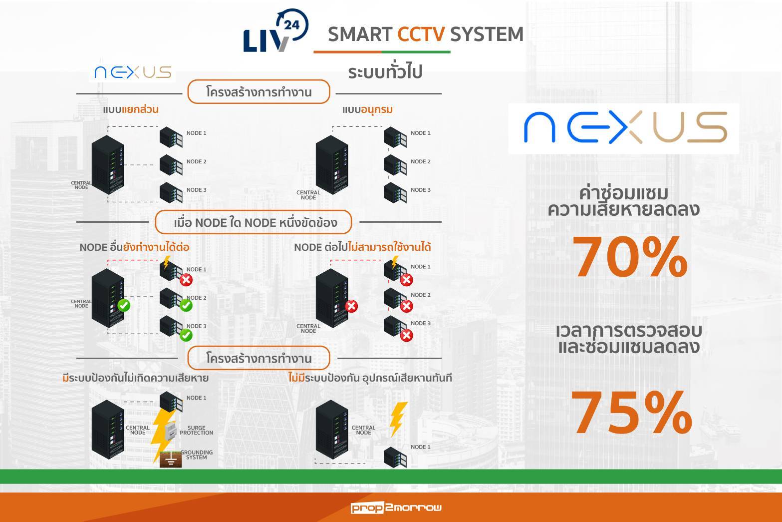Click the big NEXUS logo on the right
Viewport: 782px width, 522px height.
pyautogui.click(x=624, y=128)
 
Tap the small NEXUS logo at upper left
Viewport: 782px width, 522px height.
pyautogui.click(x=133, y=73)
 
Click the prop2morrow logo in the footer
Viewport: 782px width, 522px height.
pyautogui.click(x=396, y=508)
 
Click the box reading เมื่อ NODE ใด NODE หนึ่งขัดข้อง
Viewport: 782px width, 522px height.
pyautogui.click(x=254, y=223)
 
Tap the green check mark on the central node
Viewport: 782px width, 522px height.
pyautogui.click(x=123, y=305)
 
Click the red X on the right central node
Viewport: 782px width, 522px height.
pyautogui.click(x=351, y=306)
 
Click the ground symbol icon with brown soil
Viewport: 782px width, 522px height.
pyautogui.click(x=171, y=460)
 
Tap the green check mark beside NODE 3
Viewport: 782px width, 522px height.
pyautogui.click(x=186, y=335)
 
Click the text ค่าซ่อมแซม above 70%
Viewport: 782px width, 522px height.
pyautogui.click(x=623, y=193)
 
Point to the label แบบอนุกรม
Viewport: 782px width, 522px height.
pyautogui.click(x=367, y=109)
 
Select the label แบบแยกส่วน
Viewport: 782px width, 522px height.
pyautogui.click(x=130, y=109)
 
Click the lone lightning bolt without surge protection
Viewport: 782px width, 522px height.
pyautogui.click(x=397, y=419)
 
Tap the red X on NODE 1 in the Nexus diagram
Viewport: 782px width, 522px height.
pyautogui.click(x=186, y=280)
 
